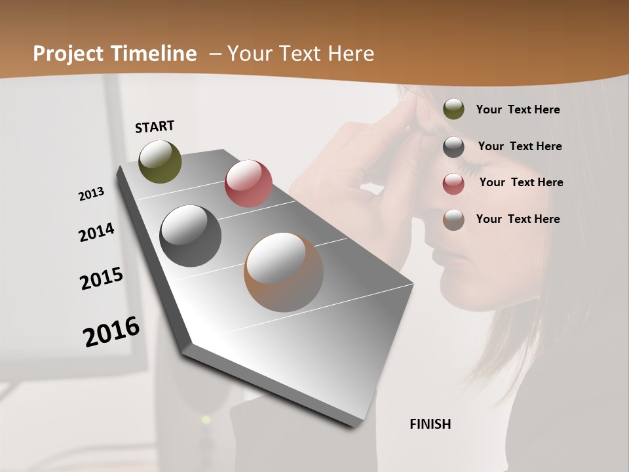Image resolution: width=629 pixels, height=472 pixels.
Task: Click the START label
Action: coord(155,127)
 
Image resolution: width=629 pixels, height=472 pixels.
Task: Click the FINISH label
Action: coord(430,424)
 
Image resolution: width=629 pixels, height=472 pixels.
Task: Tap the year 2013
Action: coord(92,194)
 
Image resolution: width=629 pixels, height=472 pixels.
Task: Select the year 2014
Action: coord(96,233)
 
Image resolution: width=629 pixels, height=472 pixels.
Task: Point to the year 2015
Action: coord(102,279)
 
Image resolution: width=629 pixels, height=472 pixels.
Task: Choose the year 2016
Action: coord(111,332)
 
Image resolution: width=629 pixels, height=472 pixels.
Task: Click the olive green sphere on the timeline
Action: coord(160,161)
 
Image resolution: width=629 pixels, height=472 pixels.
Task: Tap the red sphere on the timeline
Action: coord(248,183)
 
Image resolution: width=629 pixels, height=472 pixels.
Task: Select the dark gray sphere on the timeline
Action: coord(191,236)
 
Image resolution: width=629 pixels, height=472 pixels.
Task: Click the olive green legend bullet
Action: coord(453,109)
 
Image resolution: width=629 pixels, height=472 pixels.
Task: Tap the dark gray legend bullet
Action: coord(453,147)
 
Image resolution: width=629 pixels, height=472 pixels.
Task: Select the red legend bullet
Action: coord(453,184)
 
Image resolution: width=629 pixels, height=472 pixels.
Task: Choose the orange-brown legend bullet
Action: coord(453,220)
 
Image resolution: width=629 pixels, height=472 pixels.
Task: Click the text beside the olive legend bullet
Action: coord(518,110)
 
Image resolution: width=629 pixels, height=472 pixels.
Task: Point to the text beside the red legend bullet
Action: coord(521,182)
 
